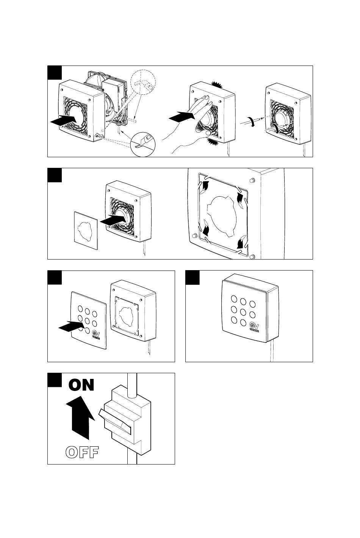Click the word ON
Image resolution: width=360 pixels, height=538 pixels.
[x=81, y=385]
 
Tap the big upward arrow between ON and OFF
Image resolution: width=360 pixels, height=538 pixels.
[x=80, y=417]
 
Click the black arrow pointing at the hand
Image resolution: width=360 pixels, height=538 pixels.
[x=180, y=117]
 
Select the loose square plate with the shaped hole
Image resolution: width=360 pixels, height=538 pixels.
[x=85, y=230]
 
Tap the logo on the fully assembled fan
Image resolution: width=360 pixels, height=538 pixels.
[x=254, y=327]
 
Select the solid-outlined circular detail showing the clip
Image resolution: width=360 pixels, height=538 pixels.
[x=143, y=143]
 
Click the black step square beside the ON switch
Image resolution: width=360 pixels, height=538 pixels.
[x=55, y=380]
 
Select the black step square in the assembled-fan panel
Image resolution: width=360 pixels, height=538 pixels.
[x=193, y=277]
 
